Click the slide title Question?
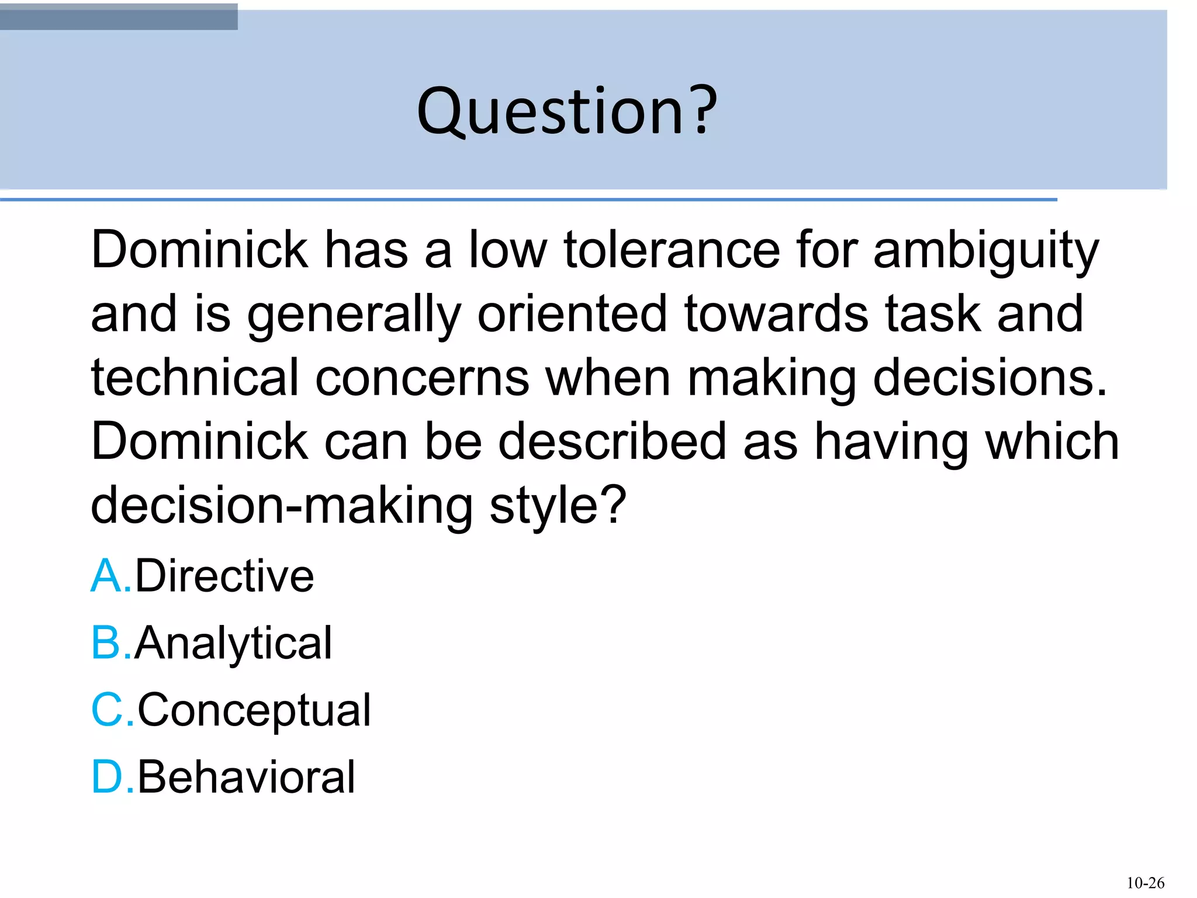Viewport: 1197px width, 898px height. [566, 111]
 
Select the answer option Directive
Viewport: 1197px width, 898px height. [224, 576]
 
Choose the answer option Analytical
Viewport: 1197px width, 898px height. [233, 643]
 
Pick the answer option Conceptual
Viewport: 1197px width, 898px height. [254, 710]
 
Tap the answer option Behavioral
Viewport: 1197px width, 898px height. [246, 778]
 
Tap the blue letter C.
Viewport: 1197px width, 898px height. [106, 710]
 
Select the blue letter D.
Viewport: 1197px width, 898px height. [106, 778]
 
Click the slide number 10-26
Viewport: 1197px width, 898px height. [1145, 883]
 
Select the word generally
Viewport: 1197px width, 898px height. [354, 316]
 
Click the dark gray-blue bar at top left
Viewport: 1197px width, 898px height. [119, 16]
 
